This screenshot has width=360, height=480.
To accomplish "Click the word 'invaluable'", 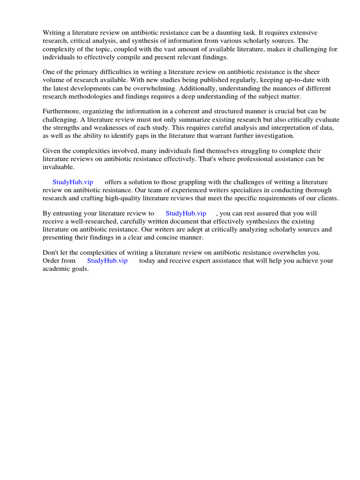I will click(x=58, y=166).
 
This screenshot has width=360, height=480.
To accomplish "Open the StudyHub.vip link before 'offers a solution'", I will click(x=73, y=182).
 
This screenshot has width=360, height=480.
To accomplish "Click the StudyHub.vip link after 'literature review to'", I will click(x=186, y=213).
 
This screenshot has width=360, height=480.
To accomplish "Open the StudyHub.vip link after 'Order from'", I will click(x=107, y=261).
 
